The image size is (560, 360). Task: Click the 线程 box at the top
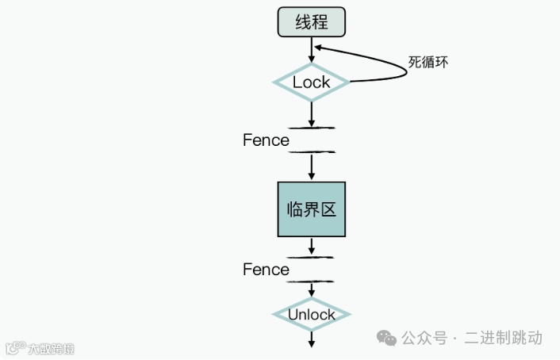pos(312,21)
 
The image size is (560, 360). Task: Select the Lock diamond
pos(312,82)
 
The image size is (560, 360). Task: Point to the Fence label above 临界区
pos(266,140)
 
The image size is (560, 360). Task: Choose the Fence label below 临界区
pos(266,270)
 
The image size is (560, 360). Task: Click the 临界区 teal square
pos(312,209)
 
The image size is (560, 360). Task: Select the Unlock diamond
pos(312,315)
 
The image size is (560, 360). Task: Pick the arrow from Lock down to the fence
pos(312,113)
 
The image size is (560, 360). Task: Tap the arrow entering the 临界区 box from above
pos(312,167)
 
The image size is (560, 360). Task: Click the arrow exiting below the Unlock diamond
pos(312,339)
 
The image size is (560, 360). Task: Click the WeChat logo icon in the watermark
pos(387,339)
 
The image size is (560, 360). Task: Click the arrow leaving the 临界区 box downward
pos(312,246)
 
